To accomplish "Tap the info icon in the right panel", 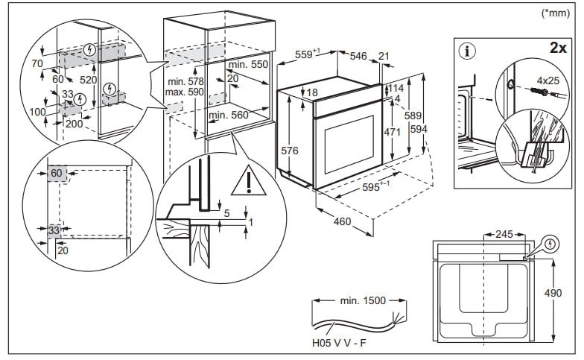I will coord(468,51).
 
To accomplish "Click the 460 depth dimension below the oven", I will coord(342,221).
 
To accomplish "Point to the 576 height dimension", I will coord(291,151).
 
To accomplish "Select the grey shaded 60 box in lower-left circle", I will coord(57,174).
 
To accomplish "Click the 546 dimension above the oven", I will coord(359,55).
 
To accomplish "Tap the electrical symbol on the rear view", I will coord(550,243).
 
